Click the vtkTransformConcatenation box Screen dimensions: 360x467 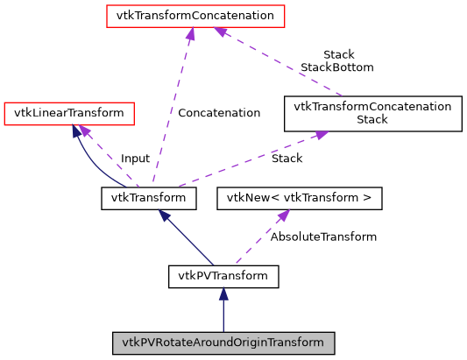point(190,16)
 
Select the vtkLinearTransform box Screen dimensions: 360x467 point(69,112)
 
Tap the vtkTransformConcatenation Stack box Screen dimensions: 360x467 point(372,114)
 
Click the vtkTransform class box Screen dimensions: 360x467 point(148,198)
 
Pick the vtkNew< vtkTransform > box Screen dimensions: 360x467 point(300,198)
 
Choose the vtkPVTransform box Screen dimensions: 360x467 point(223,277)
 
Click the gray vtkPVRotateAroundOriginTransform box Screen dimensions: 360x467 point(223,342)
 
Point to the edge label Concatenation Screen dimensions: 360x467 point(218,113)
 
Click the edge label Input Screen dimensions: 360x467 point(135,159)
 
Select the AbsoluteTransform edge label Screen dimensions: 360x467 point(323,236)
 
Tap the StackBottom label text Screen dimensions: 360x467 point(337,67)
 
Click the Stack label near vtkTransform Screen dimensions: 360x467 point(287,159)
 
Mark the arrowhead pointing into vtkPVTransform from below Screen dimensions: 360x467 point(223,296)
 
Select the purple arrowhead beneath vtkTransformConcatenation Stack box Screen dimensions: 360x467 point(321,135)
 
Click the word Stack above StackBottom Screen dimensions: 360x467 point(338,54)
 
